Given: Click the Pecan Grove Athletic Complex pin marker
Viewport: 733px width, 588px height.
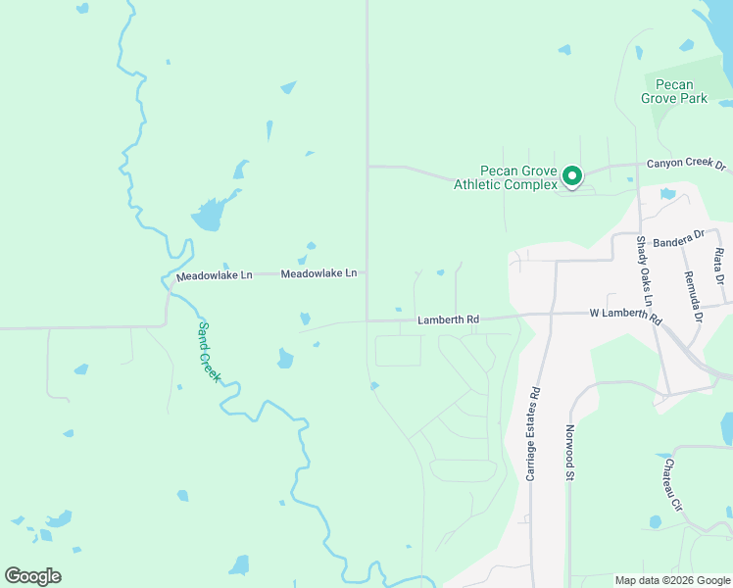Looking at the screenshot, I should tap(572, 177).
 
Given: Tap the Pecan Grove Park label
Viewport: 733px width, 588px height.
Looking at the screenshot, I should tap(674, 91).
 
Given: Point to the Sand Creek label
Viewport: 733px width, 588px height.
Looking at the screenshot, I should tap(210, 352).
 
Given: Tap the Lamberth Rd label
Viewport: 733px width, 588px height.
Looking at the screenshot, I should tap(448, 319).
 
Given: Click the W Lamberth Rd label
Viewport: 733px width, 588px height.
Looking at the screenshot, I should tap(625, 316).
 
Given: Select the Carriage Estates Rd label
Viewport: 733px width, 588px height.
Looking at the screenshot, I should tap(534, 432).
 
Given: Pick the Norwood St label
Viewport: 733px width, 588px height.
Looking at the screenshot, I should tap(567, 451).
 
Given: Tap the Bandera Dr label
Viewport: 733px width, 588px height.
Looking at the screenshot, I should tap(678, 238).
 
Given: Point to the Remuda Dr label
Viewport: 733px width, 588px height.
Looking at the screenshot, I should tap(693, 296).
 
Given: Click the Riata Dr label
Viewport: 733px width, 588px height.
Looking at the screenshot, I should tap(720, 266).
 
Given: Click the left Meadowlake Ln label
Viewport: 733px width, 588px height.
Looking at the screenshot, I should tap(215, 275).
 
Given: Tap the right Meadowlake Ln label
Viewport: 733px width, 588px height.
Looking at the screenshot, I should tap(318, 274).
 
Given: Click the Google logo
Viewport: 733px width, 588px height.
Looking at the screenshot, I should tap(32, 576).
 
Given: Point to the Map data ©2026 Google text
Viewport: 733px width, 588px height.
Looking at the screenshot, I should tap(671, 580).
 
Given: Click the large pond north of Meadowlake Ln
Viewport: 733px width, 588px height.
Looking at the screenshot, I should tap(209, 215).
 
